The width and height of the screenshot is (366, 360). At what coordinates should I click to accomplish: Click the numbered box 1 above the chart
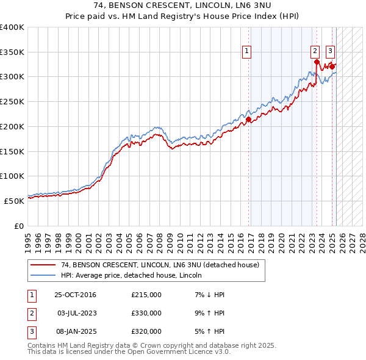[248, 52]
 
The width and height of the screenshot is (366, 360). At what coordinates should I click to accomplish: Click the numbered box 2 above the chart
[315, 52]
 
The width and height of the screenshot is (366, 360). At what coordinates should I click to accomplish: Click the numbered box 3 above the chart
[330, 52]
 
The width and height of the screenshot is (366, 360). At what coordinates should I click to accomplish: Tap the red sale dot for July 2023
[317, 62]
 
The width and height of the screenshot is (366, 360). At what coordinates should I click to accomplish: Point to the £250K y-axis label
[12, 101]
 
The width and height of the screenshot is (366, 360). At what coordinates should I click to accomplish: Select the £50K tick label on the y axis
[14, 200]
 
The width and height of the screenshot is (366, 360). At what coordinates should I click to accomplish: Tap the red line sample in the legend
[43, 265]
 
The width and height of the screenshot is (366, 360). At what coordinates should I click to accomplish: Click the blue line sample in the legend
[43, 275]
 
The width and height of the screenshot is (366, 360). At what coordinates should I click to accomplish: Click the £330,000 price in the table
[146, 313]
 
